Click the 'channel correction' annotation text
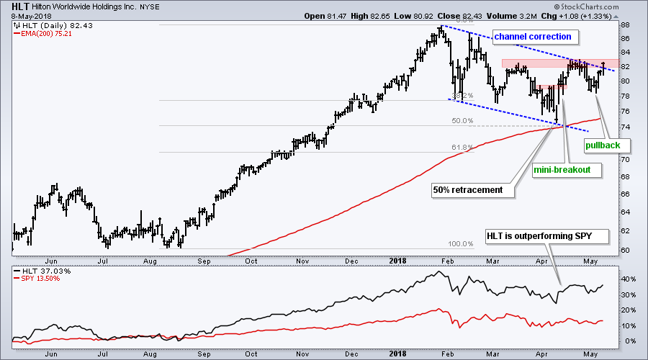pyautogui.click(x=531, y=36)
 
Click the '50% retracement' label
pyautogui.click(x=467, y=191)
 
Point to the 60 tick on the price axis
pyautogui.click(x=625, y=250)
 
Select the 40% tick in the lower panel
pyautogui.click(x=629, y=279)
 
